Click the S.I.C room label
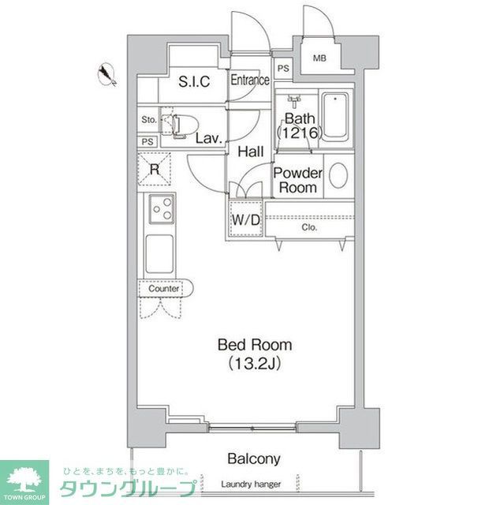click(193, 81)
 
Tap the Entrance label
click(250, 80)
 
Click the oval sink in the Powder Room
click(338, 175)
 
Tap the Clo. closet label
click(309, 228)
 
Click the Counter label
click(164, 289)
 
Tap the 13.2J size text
click(255, 364)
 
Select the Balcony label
click(254, 458)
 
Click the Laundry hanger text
click(252, 484)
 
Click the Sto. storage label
click(148, 120)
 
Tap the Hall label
click(250, 151)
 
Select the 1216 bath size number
click(301, 134)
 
